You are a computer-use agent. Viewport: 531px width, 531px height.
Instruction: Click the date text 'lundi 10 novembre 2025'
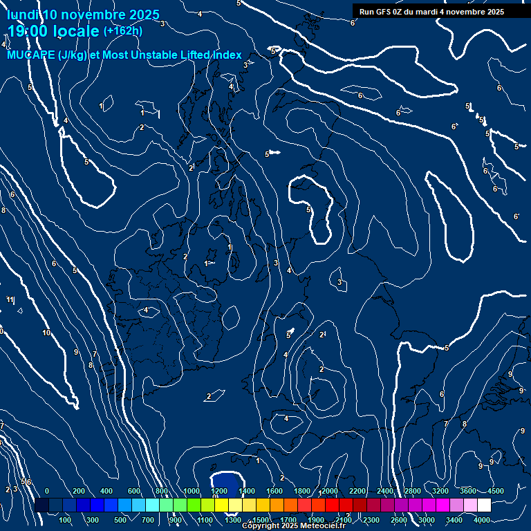[x=84, y=15]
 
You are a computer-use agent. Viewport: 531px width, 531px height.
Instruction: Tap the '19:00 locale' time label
[x=53, y=31]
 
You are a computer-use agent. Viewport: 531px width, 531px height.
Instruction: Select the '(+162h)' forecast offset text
[x=123, y=31]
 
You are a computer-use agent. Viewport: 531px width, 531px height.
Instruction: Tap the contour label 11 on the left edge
[x=10, y=299]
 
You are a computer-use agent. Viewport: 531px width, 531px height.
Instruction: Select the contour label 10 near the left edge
[x=46, y=333]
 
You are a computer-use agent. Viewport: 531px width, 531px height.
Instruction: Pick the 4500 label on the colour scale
[x=496, y=491]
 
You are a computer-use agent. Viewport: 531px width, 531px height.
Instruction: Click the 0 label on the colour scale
[x=47, y=491]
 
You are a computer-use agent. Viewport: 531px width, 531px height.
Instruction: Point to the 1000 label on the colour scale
[x=192, y=491]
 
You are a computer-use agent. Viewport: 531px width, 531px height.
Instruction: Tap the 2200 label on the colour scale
[x=357, y=491]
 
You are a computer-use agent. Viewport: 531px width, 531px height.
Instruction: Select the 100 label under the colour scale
[x=65, y=519]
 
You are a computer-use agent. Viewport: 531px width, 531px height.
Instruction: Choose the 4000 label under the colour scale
[x=482, y=519]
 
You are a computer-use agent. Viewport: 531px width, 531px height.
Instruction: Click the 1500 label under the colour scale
[x=261, y=519]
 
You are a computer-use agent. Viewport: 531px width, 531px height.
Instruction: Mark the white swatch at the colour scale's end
[x=484, y=505]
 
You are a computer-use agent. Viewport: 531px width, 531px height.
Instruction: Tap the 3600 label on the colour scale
[x=468, y=491]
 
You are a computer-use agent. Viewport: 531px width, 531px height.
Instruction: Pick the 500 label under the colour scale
[x=121, y=519]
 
